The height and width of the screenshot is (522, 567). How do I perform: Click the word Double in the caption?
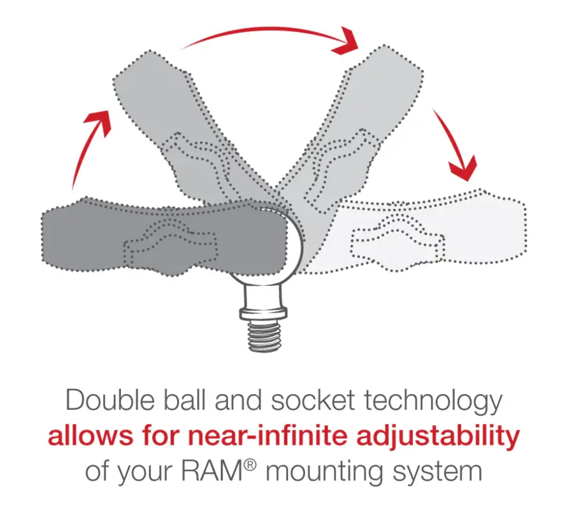click(x=110, y=400)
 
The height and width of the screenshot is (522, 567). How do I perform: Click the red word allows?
click(x=90, y=435)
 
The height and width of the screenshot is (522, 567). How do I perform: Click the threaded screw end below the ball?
click(x=264, y=337)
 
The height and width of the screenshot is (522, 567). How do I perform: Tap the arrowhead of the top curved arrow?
click(x=346, y=41)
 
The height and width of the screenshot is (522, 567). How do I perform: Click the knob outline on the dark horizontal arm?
click(x=170, y=244)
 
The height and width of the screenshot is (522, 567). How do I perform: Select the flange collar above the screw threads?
click(x=264, y=313)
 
